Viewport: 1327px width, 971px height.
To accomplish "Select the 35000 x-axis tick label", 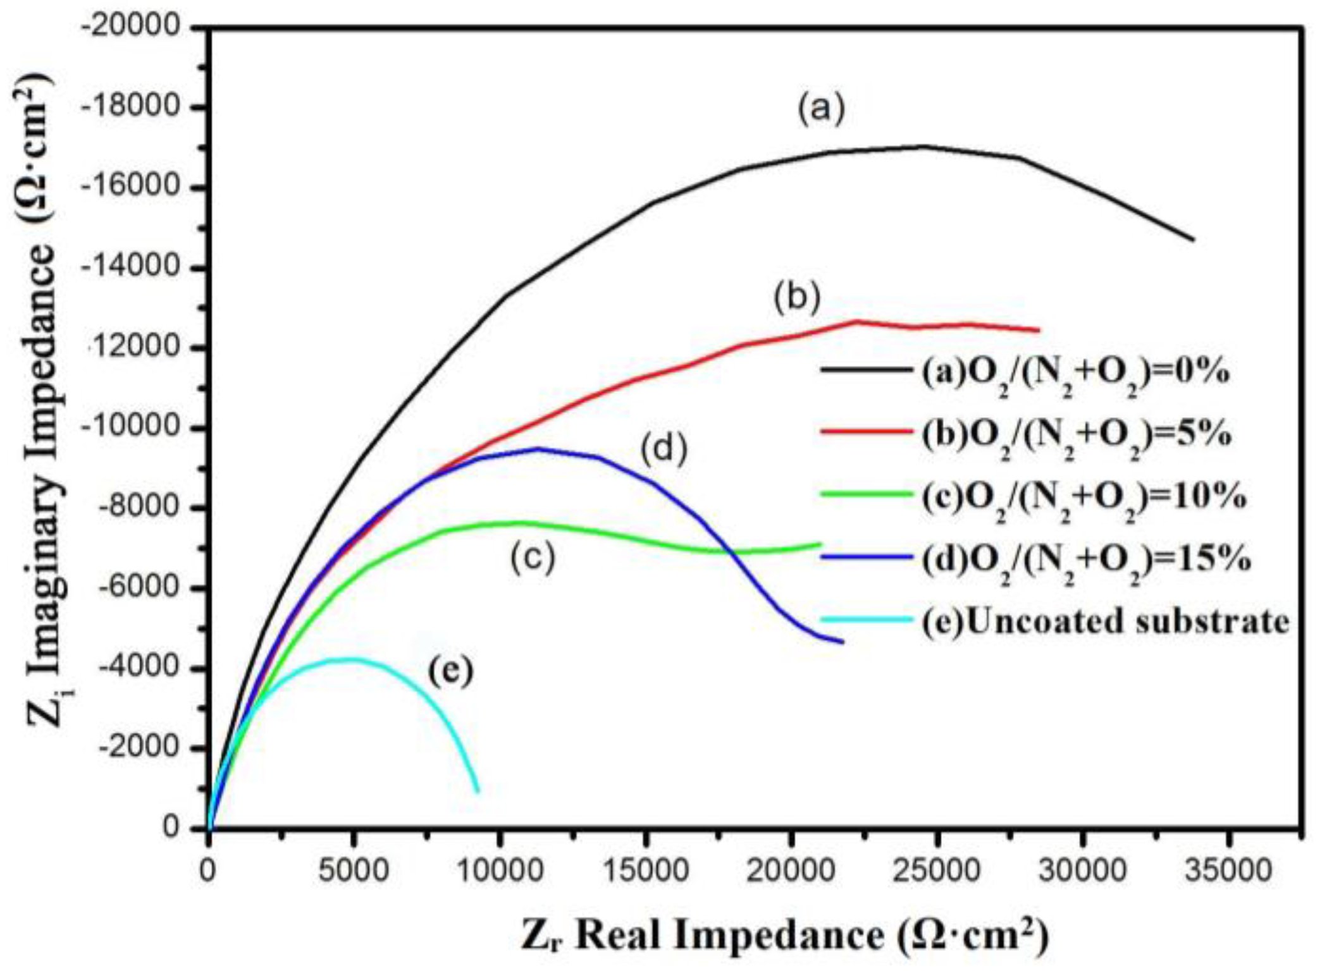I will point(1227,870).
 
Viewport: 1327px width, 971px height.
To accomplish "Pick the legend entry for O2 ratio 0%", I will point(1075,373).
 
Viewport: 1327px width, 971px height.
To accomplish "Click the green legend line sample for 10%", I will point(867,494).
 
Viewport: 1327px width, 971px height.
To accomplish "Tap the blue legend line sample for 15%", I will point(867,557).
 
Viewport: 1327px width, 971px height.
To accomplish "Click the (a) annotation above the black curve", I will point(820,109).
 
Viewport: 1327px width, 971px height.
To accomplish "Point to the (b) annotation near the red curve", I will point(797,297).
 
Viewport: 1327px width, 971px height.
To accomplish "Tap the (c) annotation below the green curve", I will point(533,558).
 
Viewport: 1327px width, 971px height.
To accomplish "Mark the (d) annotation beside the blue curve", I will point(663,449).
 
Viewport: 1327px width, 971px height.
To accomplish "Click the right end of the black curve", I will point(1192,239).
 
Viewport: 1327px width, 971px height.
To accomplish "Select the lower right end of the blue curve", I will point(842,642).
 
